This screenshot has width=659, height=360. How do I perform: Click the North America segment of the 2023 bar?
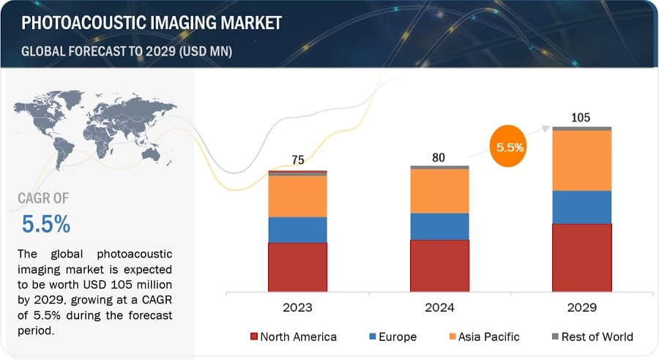pyautogui.click(x=297, y=266)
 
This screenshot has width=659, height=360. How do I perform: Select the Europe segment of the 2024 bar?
pyautogui.click(x=439, y=226)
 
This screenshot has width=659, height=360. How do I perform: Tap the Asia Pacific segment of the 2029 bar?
pyautogui.click(x=581, y=160)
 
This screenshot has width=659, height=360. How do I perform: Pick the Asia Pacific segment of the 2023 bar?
pyautogui.click(x=297, y=196)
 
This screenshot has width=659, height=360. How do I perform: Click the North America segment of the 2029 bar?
pyautogui.click(x=581, y=257)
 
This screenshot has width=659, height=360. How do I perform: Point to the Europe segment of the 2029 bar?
pyautogui.click(x=581, y=207)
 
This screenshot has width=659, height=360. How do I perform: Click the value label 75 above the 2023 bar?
pyautogui.click(x=297, y=160)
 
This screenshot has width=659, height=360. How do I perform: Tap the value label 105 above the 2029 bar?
pyautogui.click(x=581, y=117)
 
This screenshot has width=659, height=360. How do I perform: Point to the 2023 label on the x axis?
pyautogui.click(x=297, y=307)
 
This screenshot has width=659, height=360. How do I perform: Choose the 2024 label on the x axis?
pyautogui.click(x=439, y=307)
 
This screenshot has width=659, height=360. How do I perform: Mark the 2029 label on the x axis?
pyautogui.click(x=581, y=307)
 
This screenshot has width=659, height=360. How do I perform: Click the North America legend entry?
pyautogui.click(x=294, y=337)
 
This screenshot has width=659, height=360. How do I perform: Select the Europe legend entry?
pyautogui.click(x=392, y=337)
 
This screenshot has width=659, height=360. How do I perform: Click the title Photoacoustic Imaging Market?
pyautogui.click(x=152, y=23)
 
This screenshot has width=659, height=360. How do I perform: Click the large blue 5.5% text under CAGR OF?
pyautogui.click(x=46, y=225)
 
